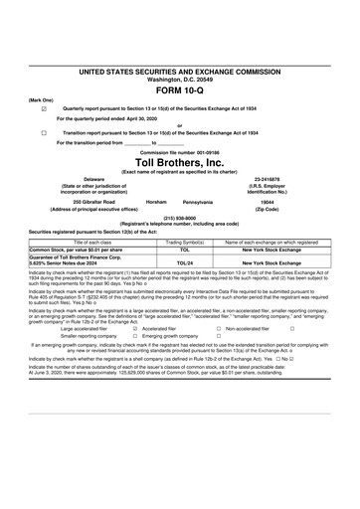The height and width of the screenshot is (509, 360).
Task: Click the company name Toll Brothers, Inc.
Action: pos(180,162)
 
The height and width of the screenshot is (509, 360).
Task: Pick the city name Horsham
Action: pos(156,201)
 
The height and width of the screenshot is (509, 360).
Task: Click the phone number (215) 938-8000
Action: pos(179,217)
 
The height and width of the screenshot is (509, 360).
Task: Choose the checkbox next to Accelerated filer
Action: pos(134,327)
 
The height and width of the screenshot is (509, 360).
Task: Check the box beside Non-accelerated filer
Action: pos(291,327)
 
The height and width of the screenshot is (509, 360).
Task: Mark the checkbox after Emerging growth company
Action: pos(217,335)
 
